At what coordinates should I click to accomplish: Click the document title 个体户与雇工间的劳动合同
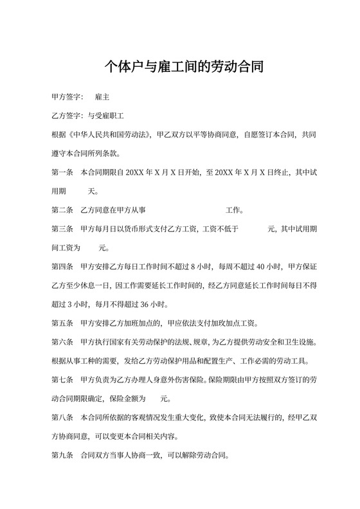[x=179, y=67]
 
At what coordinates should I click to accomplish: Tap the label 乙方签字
[x=64, y=117]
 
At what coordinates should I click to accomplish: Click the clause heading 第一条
[x=61, y=173]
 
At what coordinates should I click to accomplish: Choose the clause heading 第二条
[x=61, y=210]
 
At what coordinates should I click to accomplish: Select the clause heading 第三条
[x=61, y=229]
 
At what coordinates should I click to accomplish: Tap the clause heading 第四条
[x=61, y=266]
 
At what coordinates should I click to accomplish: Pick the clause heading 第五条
[x=61, y=323]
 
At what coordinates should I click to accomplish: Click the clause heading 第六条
[x=61, y=341]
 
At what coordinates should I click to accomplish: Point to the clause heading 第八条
[x=61, y=416]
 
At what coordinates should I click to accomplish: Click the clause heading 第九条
[x=61, y=454]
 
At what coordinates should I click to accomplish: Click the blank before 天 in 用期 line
[x=78, y=192]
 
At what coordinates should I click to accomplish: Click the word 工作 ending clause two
[x=232, y=210]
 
